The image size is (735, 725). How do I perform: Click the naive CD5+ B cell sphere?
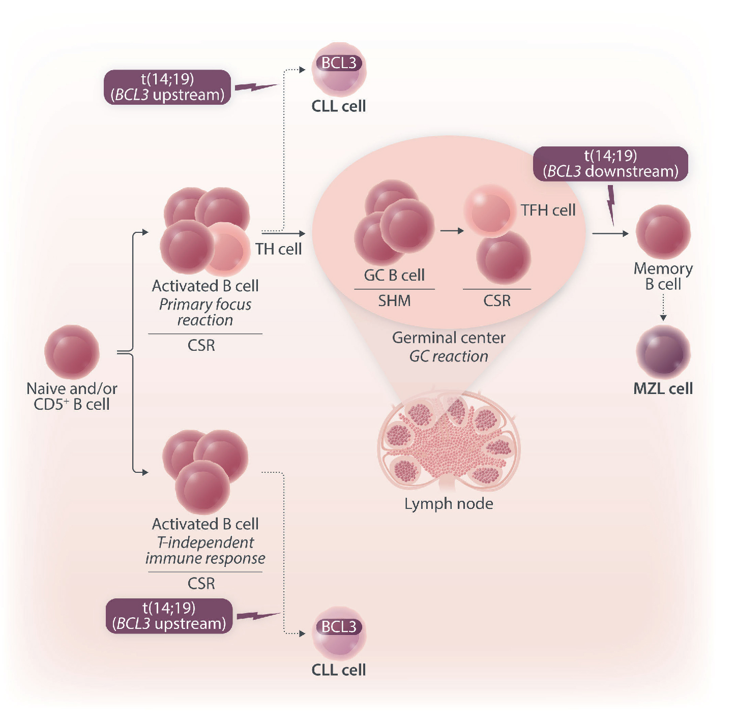(x=72, y=352)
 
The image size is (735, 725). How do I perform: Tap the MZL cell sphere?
(x=663, y=352)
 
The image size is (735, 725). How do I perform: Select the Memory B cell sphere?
(x=663, y=232)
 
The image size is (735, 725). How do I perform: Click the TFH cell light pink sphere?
(x=489, y=210)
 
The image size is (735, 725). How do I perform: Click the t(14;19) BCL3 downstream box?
(x=610, y=164)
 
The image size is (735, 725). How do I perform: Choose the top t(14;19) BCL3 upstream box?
(x=167, y=87)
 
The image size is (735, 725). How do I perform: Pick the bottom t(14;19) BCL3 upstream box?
(x=169, y=616)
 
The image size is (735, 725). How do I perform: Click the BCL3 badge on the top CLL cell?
(x=339, y=63)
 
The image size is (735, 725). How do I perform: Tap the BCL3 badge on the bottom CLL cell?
(x=339, y=627)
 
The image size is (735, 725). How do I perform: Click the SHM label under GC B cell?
(x=394, y=301)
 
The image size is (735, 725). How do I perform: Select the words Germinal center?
(x=449, y=338)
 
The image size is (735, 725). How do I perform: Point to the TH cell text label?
(x=278, y=249)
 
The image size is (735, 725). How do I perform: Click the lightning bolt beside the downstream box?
(x=611, y=204)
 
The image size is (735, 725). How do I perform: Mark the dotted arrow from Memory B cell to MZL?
(x=663, y=307)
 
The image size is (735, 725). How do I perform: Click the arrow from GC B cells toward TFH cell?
(x=452, y=231)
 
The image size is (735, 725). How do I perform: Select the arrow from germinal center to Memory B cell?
(x=610, y=233)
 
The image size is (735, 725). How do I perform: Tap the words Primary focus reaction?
(x=205, y=312)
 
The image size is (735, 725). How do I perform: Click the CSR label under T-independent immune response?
(x=201, y=583)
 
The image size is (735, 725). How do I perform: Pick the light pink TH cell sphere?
(x=227, y=248)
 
